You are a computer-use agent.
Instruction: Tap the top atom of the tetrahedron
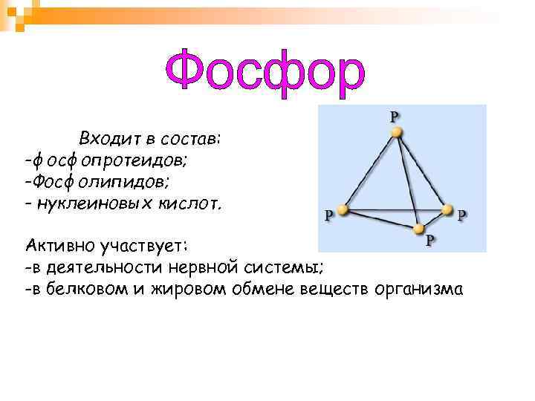tap(397, 132)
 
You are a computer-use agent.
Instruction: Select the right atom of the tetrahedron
tap(447, 210)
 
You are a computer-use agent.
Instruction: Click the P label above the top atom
tap(394, 116)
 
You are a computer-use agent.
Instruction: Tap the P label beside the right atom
tap(462, 215)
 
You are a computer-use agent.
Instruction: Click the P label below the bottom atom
tap(431, 240)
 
